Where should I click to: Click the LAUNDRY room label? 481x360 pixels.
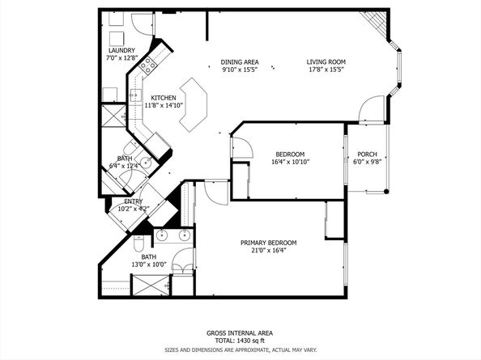coord(121,50)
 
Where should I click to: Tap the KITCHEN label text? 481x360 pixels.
coord(164,98)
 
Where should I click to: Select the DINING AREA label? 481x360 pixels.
coord(240,62)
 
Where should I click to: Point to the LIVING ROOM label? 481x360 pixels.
coord(326,62)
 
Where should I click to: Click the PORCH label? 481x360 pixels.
coord(367,155)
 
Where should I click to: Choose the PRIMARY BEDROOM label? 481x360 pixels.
coord(268,243)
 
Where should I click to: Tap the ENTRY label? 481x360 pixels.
coord(134,201)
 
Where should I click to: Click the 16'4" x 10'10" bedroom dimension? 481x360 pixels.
coord(290,162)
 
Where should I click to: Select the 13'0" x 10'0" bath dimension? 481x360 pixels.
coord(149,265)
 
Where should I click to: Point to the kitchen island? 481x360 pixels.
coord(194,105)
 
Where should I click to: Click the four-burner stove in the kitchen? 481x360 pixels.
coord(148,65)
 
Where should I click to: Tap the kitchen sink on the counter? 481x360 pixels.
coord(135,95)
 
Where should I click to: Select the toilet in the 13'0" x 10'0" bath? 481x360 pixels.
coord(138,243)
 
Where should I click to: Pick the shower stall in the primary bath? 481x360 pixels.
coord(151,286)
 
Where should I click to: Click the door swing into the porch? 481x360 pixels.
coord(372,108)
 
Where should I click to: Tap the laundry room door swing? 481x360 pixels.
coord(142,24)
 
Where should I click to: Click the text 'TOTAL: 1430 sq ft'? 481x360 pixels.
coord(240,341)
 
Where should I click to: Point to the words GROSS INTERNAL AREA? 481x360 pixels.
coord(240,333)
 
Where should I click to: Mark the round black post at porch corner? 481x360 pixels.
coord(386,192)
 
